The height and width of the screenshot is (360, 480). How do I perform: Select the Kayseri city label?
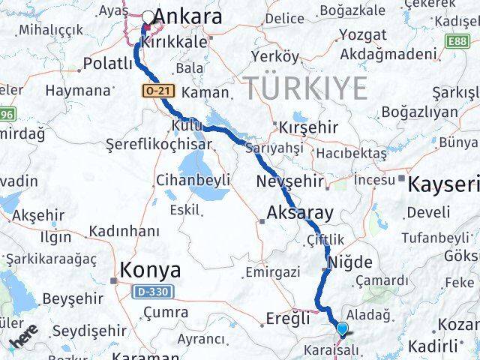point(443,184)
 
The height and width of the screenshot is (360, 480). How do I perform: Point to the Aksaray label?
point(300,212)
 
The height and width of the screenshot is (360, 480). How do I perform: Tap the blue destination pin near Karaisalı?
point(343,328)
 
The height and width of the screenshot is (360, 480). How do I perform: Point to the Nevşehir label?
point(289,181)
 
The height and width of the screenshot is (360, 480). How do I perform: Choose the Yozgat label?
point(363,34)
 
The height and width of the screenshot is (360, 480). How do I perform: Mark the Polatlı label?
point(108,63)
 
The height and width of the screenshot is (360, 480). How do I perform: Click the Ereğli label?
point(288,318)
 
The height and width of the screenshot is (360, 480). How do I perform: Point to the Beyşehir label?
point(71,298)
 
